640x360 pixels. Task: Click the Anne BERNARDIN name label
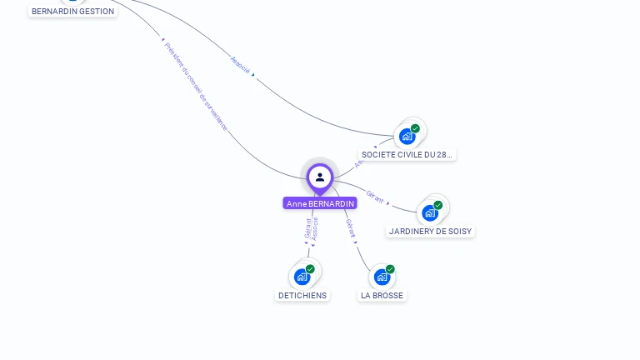pyautogui.click(x=320, y=203)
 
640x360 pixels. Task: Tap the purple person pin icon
pyautogui.click(x=320, y=177)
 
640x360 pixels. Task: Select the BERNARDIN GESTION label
pyautogui.click(x=72, y=11)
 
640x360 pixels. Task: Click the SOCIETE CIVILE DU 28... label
pyautogui.click(x=407, y=154)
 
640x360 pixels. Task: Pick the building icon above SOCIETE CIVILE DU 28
pyautogui.click(x=407, y=136)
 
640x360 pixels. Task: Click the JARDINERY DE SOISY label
pyautogui.click(x=430, y=231)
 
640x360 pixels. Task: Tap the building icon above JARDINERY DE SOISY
pyautogui.click(x=430, y=212)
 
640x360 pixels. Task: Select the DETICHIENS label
pyautogui.click(x=302, y=295)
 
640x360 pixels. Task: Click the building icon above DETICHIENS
pyautogui.click(x=302, y=277)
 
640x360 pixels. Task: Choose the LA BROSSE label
pyautogui.click(x=382, y=295)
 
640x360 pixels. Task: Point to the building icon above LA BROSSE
pyautogui.click(x=382, y=277)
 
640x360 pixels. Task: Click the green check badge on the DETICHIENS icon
pyautogui.click(x=310, y=269)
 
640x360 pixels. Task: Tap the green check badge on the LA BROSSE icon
pyautogui.click(x=390, y=269)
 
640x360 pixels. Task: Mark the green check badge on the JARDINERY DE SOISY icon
pyautogui.click(x=438, y=205)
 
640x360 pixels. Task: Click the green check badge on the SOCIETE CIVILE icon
pyautogui.click(x=415, y=128)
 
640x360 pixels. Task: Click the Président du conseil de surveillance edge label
pyautogui.click(x=196, y=86)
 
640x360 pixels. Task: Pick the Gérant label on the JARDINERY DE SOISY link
pyautogui.click(x=375, y=197)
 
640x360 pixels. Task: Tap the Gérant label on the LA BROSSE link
pyautogui.click(x=351, y=228)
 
